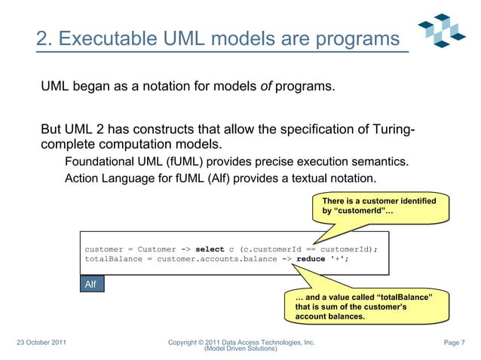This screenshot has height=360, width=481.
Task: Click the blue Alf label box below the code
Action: tap(92, 284)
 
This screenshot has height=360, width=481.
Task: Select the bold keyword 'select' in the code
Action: tap(210, 249)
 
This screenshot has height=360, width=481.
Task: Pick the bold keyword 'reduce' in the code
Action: tap(311, 260)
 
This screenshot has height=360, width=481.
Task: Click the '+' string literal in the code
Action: tap(338, 260)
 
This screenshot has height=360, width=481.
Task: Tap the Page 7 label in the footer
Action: tap(455, 343)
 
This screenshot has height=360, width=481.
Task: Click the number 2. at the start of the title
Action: tap(45, 38)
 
